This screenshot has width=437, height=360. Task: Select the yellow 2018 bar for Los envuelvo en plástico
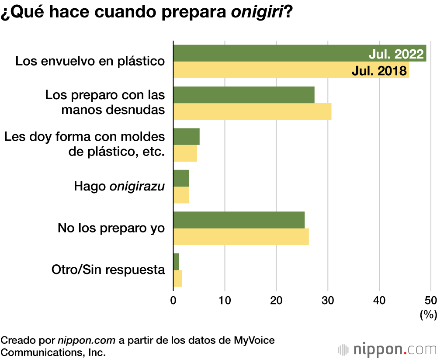262,70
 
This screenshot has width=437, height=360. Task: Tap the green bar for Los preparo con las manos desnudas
244,95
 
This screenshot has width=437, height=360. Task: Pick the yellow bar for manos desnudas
252,111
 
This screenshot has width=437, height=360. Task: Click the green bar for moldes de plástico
187,136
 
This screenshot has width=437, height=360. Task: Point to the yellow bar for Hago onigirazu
181,195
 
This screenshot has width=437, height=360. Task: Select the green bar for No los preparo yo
239,220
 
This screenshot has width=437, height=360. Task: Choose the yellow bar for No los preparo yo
241,236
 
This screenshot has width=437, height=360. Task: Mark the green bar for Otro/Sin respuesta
176,261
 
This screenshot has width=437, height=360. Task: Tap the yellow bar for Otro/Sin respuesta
178,278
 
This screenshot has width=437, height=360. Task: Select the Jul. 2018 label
379,70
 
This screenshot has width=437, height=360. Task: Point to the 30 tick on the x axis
328,301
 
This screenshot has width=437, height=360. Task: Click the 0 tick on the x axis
173,301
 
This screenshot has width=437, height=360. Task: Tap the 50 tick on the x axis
430,301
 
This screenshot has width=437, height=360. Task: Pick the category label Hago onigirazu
119,187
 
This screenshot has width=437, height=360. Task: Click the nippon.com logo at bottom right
387,350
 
